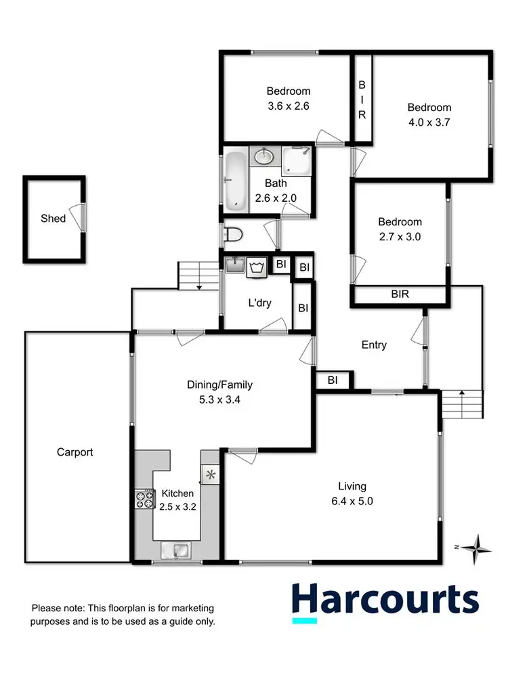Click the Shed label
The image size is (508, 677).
click(x=53, y=218)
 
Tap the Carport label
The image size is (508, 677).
click(x=75, y=452)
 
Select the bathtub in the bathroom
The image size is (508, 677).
click(x=236, y=181)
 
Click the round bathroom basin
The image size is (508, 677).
click(x=263, y=157)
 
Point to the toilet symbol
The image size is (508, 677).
click(x=233, y=235)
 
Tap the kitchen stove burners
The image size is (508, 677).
click(x=144, y=499)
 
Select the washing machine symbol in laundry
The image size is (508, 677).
click(x=255, y=266)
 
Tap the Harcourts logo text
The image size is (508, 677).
click(x=385, y=599)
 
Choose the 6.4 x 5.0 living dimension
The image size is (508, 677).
click(x=352, y=502)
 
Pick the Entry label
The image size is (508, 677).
click(x=374, y=345)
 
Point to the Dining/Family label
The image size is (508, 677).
click(x=219, y=385)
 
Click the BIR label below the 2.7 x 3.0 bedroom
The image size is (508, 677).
click(x=400, y=295)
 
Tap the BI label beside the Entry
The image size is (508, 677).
click(x=333, y=380)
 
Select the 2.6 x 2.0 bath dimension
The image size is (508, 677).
click(x=276, y=198)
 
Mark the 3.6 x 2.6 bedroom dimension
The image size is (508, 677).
click(x=288, y=106)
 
